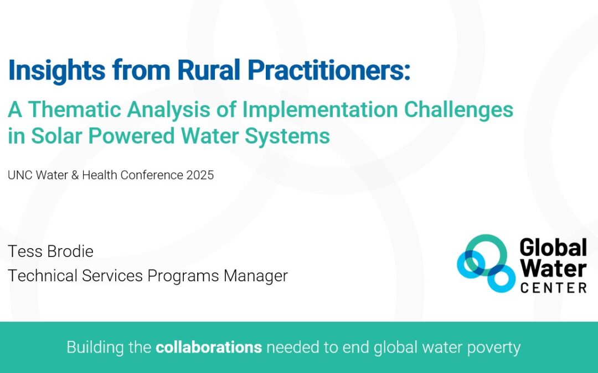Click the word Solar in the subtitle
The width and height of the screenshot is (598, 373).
[53, 135]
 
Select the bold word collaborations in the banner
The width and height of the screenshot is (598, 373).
[209, 348]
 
